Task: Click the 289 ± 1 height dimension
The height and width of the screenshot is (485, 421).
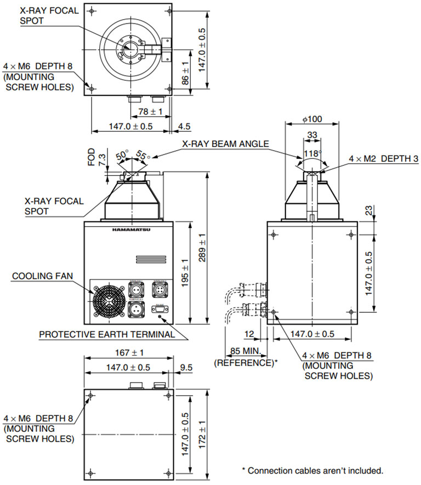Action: (x=202, y=248)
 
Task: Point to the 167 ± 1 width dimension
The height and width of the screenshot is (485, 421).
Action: (x=129, y=352)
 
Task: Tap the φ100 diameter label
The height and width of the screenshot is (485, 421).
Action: (x=311, y=119)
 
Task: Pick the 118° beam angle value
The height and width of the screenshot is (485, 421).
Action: (x=311, y=153)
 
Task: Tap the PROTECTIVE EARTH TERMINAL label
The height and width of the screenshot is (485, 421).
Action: (x=107, y=334)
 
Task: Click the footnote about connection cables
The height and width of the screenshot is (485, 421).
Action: (x=312, y=470)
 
